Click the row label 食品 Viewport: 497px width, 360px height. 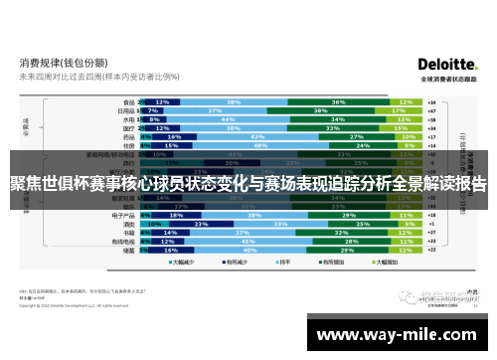(x=128, y=101)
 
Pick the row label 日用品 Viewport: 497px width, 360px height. (x=126, y=110)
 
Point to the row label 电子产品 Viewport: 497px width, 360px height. (x=124, y=215)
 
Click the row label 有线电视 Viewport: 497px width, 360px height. (x=124, y=241)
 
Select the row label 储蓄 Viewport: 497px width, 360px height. (x=128, y=250)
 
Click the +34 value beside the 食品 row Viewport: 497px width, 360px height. (x=430, y=101)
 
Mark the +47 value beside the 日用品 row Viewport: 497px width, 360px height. (x=430, y=110)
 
